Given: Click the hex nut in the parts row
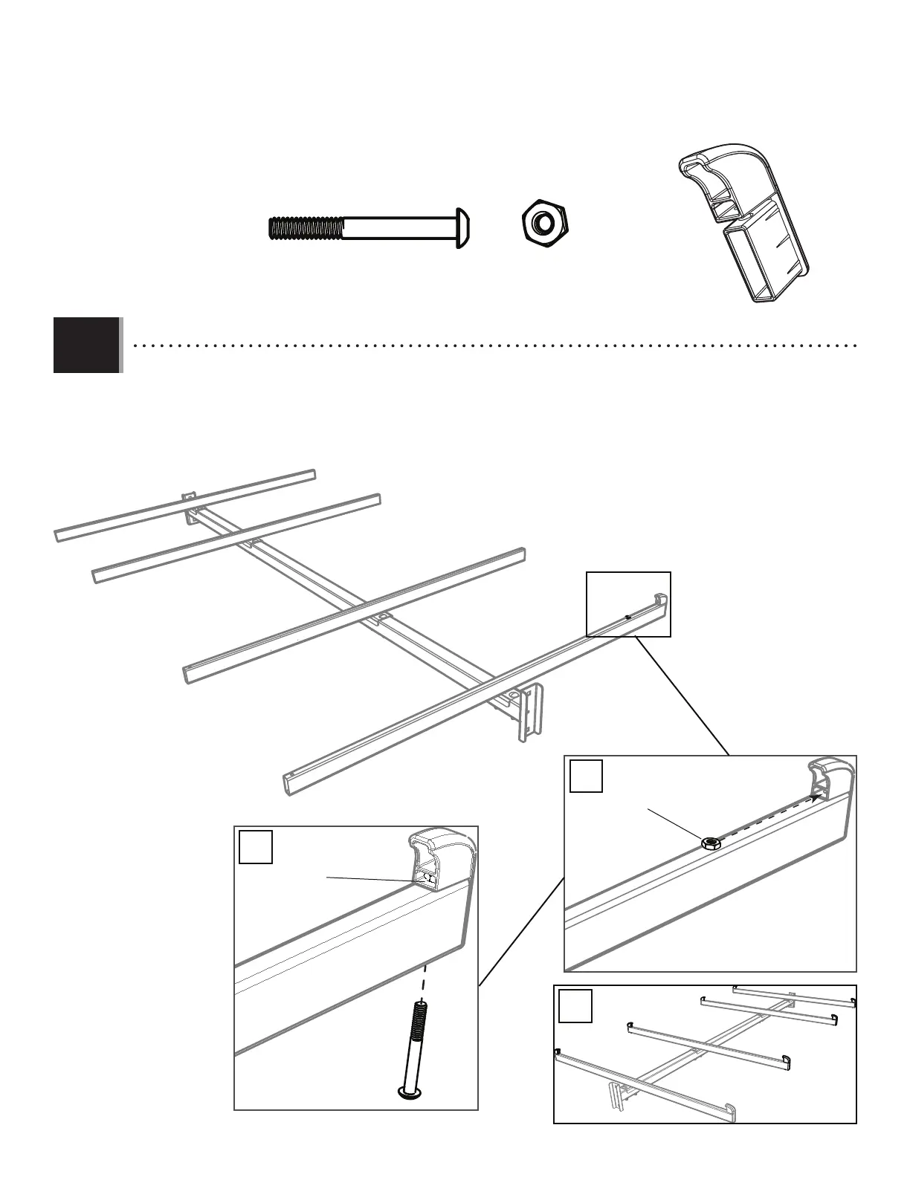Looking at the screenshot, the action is point(544,222).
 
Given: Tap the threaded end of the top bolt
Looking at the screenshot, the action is point(305,227).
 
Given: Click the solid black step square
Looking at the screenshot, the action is point(86,345).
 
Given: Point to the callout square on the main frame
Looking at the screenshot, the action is point(628,604).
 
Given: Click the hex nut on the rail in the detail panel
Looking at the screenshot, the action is point(710,843).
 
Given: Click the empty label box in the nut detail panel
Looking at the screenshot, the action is point(586,776).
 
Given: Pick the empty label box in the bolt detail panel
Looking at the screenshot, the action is point(255,847).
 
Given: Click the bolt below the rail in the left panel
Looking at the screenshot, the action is point(412,1051).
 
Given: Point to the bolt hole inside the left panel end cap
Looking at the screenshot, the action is point(428,878).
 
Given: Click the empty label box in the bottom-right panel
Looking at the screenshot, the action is point(575,1006).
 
